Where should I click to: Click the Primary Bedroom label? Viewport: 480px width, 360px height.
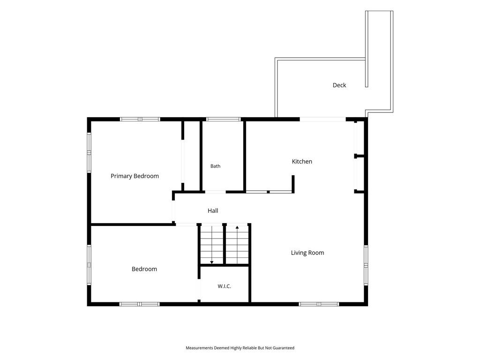pos(135,176)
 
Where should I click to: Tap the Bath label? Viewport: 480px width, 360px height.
pos(215,166)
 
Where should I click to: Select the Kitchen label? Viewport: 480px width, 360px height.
pos(302,161)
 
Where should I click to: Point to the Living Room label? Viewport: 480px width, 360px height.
pos(307,253)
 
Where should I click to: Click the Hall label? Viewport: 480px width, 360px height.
pos(213,210)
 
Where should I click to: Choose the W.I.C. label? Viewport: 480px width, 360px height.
pos(225,286)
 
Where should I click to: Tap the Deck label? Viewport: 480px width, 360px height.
pos(339,85)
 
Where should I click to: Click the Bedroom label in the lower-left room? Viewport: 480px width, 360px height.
pos(144,269)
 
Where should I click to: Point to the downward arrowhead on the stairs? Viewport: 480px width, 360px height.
pos(211,262)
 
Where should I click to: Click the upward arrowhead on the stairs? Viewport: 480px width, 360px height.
pos(237,227)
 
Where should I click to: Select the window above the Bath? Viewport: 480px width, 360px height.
pos(224,120)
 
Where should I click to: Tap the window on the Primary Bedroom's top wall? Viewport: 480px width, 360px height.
pos(140,120)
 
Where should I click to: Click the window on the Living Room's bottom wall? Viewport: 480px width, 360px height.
pos(319,304)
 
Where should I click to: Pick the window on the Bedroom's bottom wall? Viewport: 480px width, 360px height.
pos(139,304)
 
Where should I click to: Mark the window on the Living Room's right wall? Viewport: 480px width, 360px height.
pos(366,265)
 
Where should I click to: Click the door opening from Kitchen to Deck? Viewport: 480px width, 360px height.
pos(322,120)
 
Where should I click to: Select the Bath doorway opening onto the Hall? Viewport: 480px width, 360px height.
pos(215,192)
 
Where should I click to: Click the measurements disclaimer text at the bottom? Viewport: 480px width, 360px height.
pos(240,348)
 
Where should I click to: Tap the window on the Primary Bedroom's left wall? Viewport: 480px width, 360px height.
pos(89,152)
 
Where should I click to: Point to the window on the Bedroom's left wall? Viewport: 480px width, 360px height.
pos(89,265)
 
